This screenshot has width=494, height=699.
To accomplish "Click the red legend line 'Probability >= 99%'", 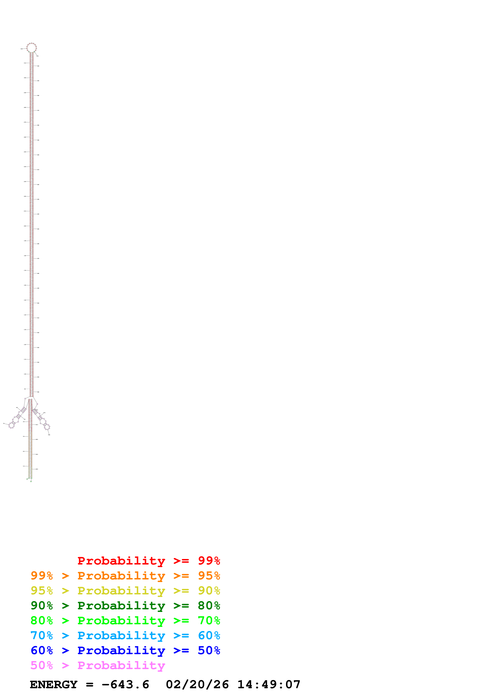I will (x=148, y=561).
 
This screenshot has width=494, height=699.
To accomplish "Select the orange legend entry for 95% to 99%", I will (x=125, y=576).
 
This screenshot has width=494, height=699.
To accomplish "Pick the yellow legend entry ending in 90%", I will (x=125, y=591).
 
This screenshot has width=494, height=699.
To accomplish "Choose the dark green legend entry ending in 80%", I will (x=125, y=606).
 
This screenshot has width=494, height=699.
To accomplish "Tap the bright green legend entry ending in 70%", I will (x=125, y=620).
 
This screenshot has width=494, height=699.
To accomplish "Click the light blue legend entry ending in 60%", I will (x=125, y=635).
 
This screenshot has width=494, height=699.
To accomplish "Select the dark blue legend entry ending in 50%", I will (x=125, y=650).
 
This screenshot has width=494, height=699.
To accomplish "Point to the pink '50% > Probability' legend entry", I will (x=98, y=665).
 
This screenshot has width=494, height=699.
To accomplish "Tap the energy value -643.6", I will (x=125, y=685).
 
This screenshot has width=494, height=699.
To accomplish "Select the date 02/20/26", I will (x=197, y=685).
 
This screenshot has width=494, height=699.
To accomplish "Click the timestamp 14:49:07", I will (x=269, y=685).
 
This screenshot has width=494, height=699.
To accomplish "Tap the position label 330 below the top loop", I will (x=37, y=56).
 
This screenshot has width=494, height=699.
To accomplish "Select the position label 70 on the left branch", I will (x=4, y=423).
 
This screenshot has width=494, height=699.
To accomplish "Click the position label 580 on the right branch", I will (x=49, y=435).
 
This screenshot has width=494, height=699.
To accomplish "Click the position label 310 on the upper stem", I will (x=25, y=63).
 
